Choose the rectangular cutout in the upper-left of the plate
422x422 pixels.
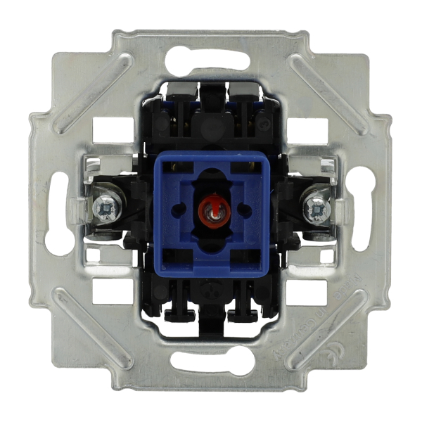(x=113, y=130)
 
